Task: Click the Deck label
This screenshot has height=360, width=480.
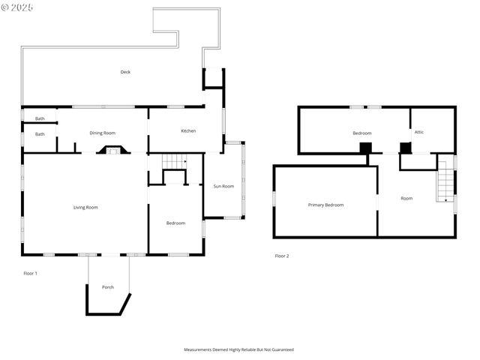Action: (x=125, y=72)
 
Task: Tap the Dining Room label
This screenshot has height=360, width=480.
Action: (x=102, y=132)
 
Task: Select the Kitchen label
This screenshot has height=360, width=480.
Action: (x=188, y=131)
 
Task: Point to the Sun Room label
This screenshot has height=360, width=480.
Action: (x=223, y=186)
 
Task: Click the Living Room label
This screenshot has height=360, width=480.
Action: (x=85, y=207)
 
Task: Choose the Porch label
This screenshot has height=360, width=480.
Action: (x=108, y=287)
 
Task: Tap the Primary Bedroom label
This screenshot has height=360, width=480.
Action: (x=325, y=205)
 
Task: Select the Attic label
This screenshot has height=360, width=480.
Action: (x=419, y=132)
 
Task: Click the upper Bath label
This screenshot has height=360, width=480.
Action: (x=40, y=118)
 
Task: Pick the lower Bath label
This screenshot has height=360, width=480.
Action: (x=40, y=134)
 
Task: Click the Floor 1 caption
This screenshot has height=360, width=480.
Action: (x=30, y=273)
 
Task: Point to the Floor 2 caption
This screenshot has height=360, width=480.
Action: (x=281, y=256)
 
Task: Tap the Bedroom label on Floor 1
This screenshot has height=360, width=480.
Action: (x=175, y=223)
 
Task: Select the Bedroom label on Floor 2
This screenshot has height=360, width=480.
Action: (x=362, y=133)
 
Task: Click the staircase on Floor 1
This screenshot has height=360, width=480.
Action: (x=175, y=161)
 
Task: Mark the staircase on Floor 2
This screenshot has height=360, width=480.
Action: (x=445, y=184)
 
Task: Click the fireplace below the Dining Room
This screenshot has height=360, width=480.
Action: (x=112, y=150)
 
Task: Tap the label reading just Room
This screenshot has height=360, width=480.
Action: (x=406, y=199)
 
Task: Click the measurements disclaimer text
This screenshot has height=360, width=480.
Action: (x=239, y=349)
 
